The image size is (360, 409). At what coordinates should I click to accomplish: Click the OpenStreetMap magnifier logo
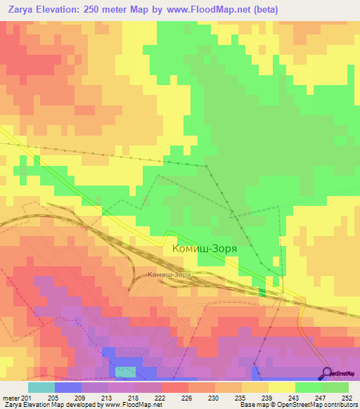pyautogui.click(x=326, y=374)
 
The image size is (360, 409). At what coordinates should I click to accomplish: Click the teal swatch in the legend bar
pyautogui.click(x=41, y=387)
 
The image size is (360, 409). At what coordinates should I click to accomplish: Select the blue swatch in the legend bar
pyautogui.click(x=68, y=387)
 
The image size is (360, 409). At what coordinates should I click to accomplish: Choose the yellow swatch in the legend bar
pyautogui.click(x=282, y=387)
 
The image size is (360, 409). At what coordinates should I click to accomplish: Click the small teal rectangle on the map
pyautogui.click(x=125, y=371)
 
